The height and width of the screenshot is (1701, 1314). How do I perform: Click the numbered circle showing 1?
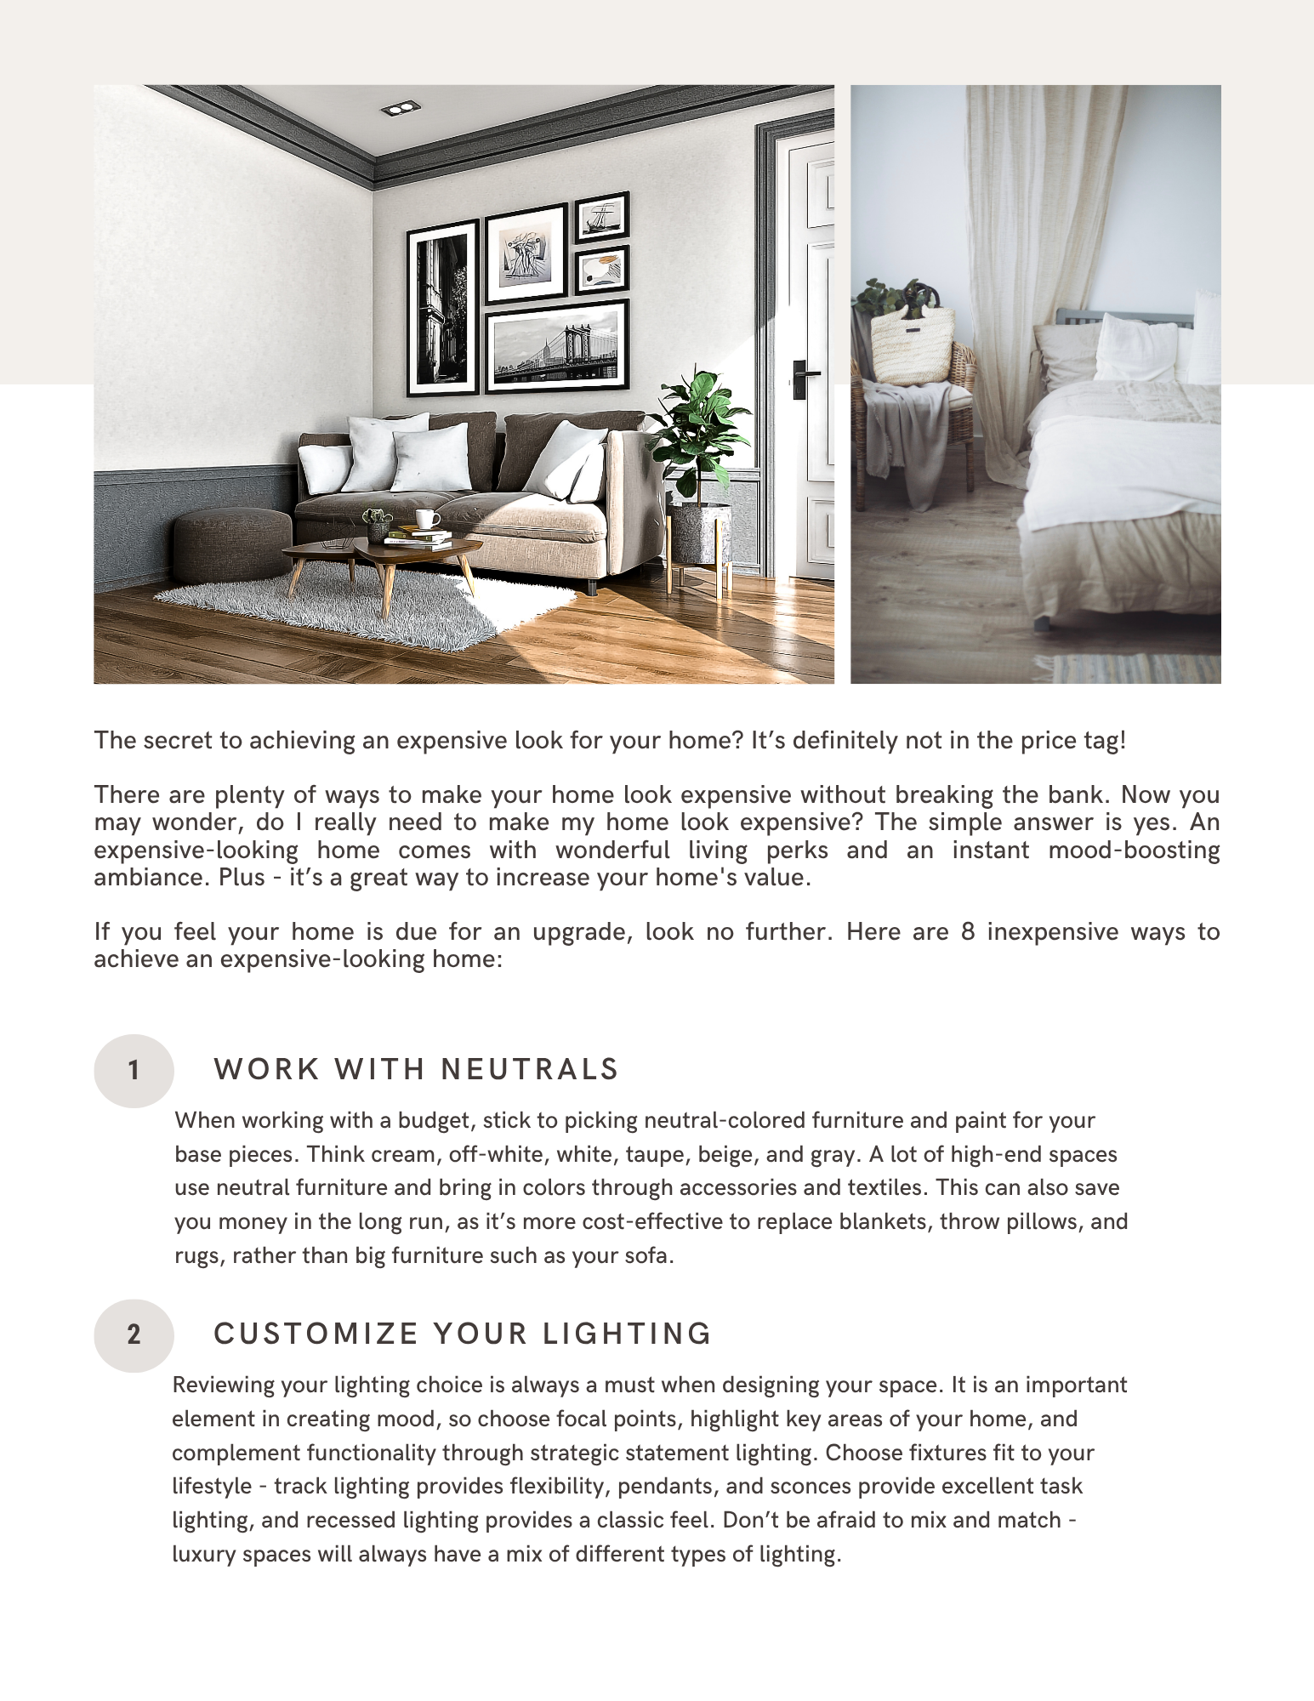pos(134,1070)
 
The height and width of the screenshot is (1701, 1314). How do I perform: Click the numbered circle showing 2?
pos(134,1334)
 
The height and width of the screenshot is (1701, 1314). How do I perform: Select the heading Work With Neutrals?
pos(416,1069)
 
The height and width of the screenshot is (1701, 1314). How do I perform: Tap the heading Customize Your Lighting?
pos(463,1334)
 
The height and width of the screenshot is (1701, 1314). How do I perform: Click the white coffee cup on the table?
pos(427,519)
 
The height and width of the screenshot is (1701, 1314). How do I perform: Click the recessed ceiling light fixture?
pos(400,108)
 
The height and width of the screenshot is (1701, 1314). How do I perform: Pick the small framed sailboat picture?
pos(602,217)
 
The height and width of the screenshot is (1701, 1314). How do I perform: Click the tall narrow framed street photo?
pos(443,309)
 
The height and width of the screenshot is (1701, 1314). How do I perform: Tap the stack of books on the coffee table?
pos(418,538)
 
